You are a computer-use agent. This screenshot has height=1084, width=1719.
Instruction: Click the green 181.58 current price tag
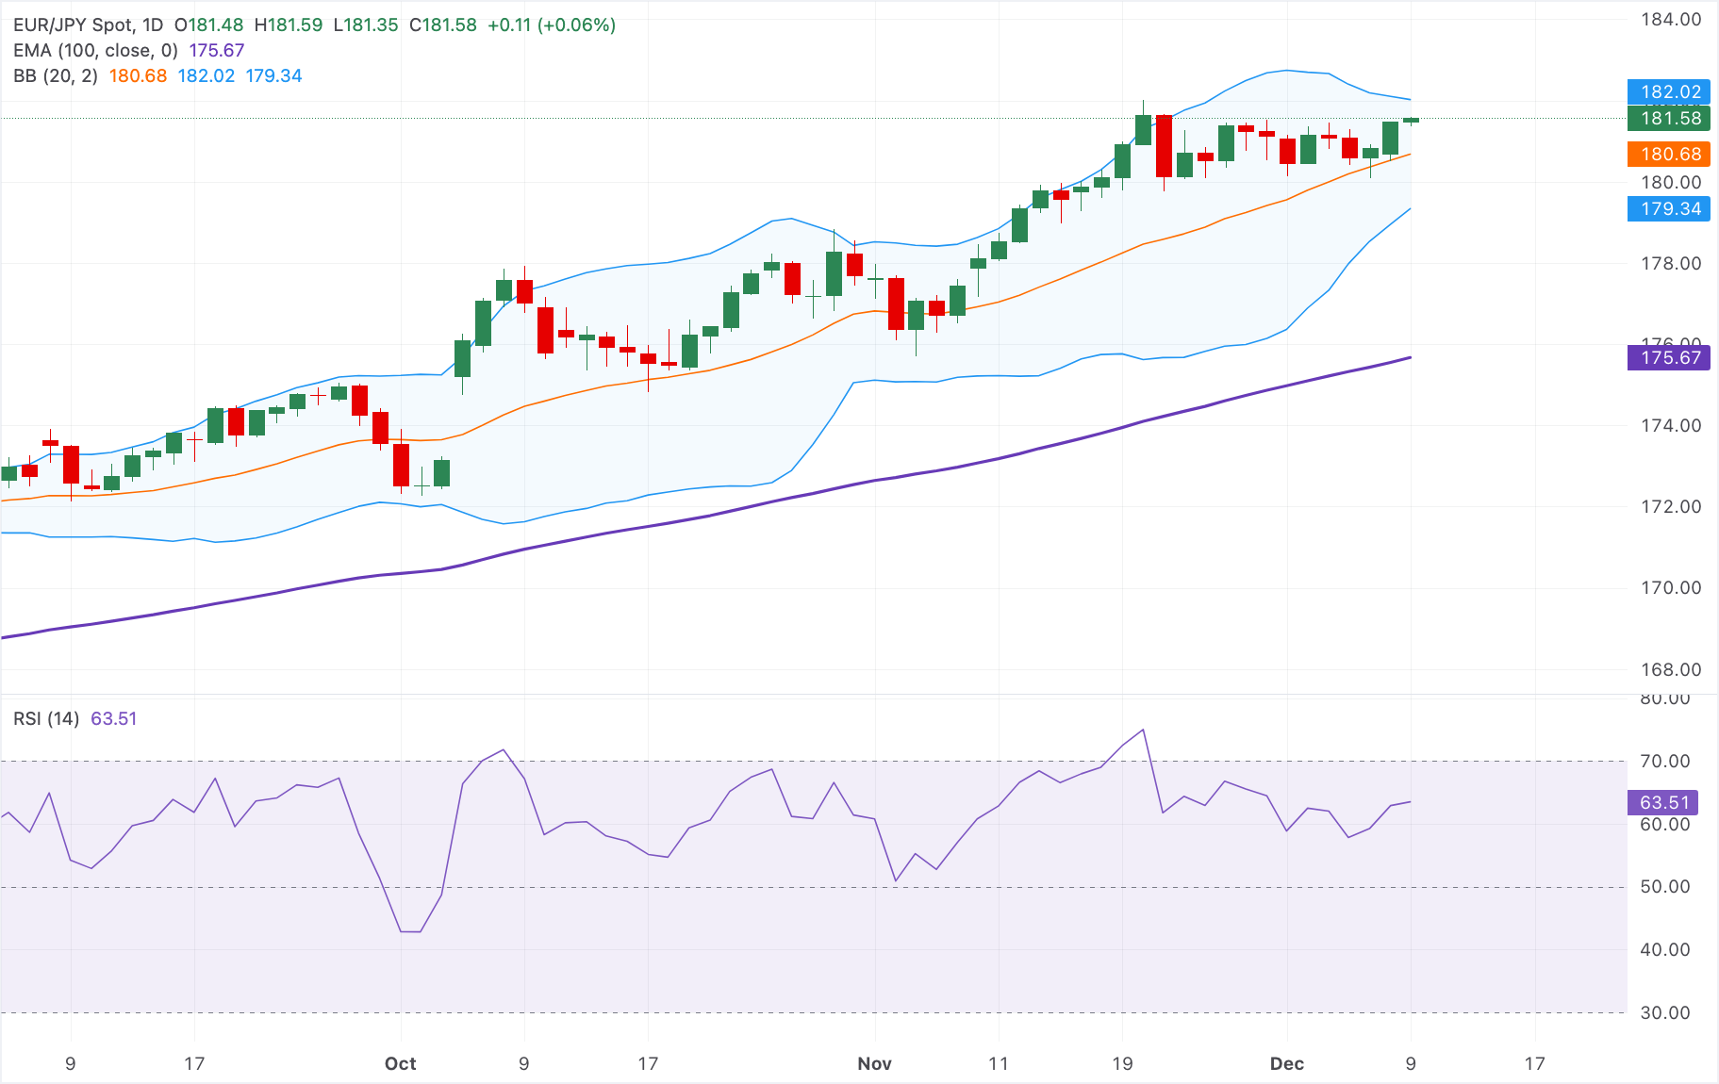[1668, 119]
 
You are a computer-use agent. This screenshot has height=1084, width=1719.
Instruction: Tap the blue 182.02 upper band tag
[1668, 92]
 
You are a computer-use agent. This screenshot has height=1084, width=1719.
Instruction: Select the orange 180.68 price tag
[1668, 155]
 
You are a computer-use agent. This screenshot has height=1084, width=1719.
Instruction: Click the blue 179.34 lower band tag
[1668, 209]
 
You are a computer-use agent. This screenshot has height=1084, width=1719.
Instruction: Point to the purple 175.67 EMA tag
[1668, 358]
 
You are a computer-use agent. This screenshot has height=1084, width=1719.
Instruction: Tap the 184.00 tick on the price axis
[1671, 20]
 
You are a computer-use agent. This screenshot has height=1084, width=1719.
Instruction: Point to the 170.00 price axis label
[1671, 588]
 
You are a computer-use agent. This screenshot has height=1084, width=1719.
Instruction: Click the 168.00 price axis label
[1671, 670]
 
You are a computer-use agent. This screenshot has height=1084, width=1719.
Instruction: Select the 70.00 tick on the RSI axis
[1664, 762]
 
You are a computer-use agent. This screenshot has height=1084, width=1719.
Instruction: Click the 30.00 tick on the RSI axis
[1664, 1013]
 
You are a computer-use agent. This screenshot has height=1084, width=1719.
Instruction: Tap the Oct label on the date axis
[400, 1064]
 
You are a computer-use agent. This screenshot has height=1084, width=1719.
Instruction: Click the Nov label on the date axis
[874, 1064]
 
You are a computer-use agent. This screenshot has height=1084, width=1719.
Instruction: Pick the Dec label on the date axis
[1286, 1064]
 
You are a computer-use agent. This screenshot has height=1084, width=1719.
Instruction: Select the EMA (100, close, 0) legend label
[95, 51]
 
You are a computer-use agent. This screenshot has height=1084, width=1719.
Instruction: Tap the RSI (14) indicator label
[46, 719]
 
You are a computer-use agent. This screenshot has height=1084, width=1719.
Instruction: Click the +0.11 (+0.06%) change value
[551, 25]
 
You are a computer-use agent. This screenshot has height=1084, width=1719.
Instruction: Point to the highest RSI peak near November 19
[1143, 730]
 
